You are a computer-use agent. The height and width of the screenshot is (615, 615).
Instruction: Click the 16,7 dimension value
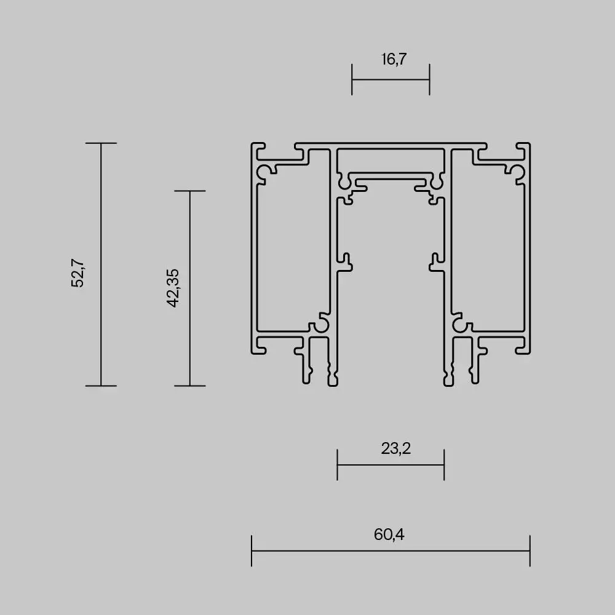pos(394,59)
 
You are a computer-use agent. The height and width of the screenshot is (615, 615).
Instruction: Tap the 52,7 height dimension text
pos(77,273)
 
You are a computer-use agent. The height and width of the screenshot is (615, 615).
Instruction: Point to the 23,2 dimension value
pos(395,448)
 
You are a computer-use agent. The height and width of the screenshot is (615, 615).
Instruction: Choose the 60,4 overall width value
pos(389,534)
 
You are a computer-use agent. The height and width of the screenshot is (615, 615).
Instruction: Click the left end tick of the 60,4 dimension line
pos(252,550)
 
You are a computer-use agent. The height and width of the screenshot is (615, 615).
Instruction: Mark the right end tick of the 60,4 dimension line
pos(530,550)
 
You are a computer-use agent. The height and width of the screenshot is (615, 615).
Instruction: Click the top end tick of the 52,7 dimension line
pos(101,143)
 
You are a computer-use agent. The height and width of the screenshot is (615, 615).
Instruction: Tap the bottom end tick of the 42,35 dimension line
pos(189,386)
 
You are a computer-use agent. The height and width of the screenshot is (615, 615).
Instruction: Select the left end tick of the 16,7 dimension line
pos(352,79)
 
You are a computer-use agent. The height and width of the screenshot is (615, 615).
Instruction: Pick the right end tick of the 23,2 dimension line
pos(444,464)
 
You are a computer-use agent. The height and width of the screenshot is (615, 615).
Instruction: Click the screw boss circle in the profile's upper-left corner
pos(266,172)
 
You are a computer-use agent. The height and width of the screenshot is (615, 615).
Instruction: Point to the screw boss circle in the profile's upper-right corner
pos(515,172)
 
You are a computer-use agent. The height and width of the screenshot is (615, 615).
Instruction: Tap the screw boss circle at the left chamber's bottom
pos(320,324)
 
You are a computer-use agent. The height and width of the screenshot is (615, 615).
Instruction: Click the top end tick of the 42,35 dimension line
pos(189,191)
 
